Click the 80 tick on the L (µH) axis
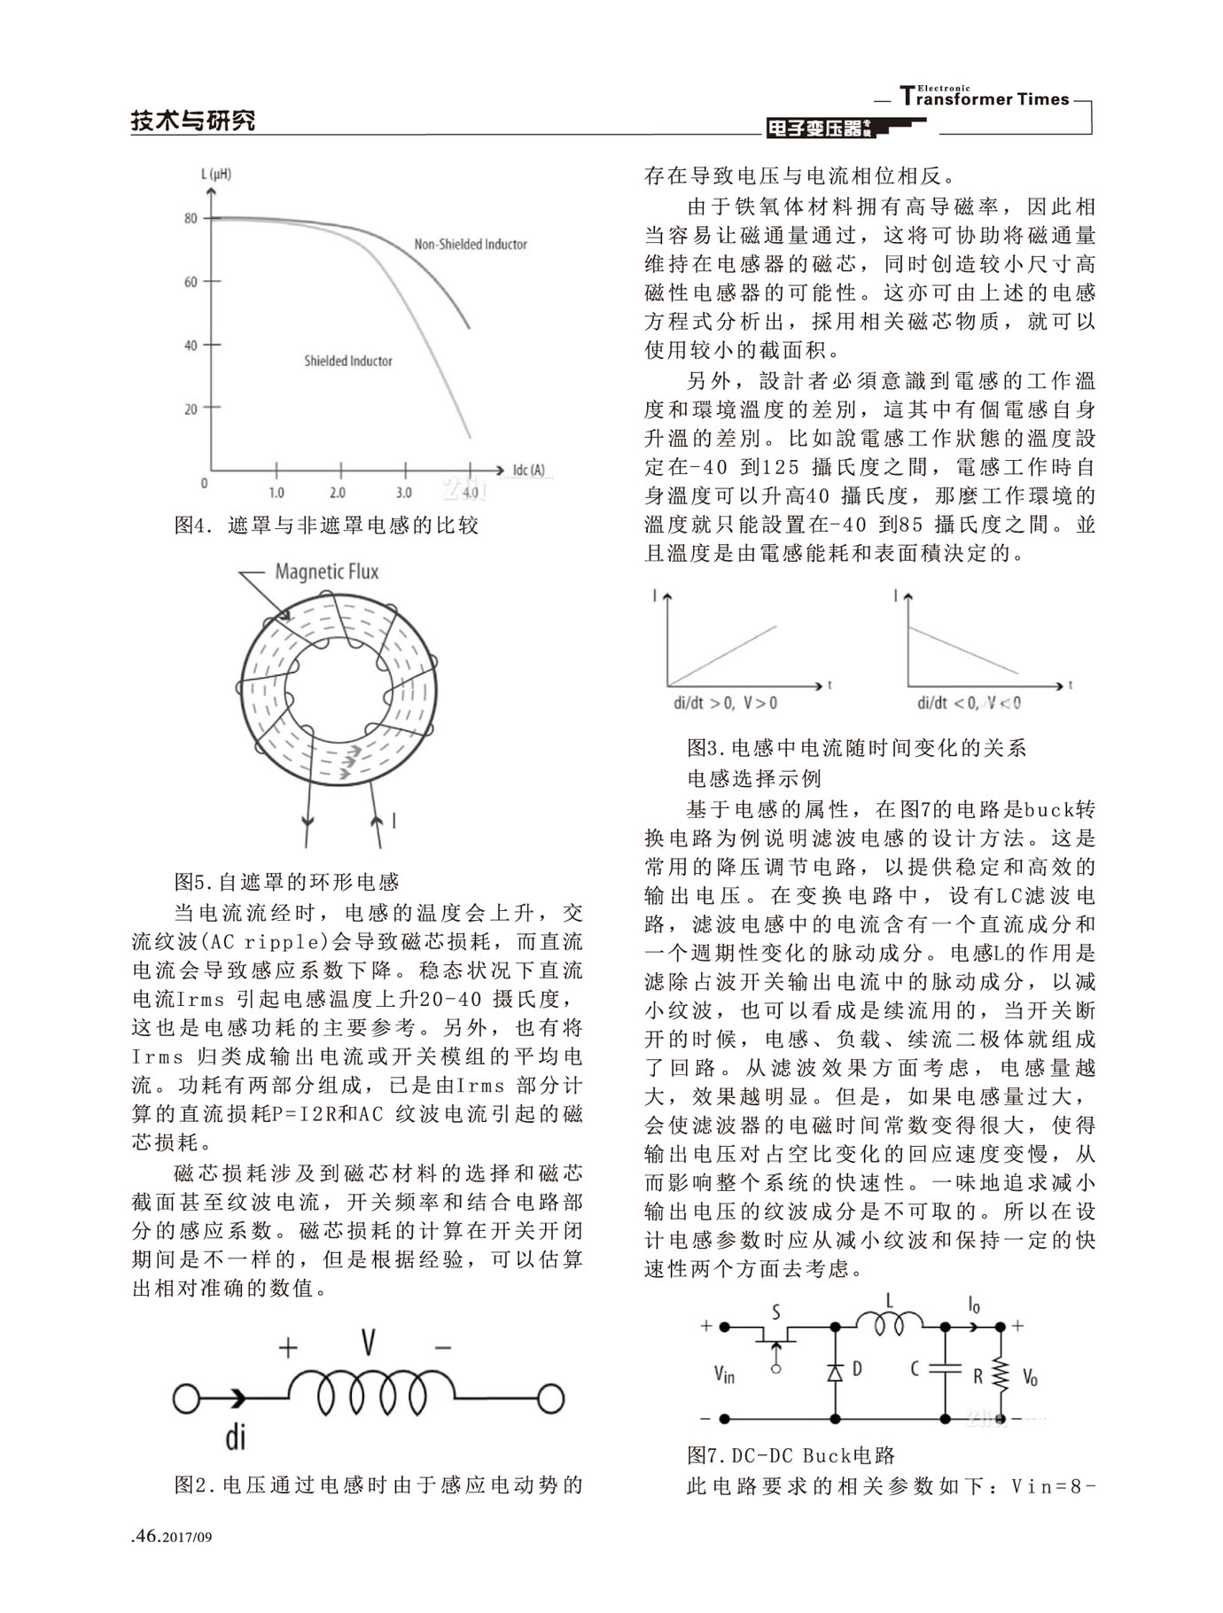191,218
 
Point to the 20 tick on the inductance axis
191,409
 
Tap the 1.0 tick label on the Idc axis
277,492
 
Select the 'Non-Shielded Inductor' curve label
471,244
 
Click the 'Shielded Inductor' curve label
347,361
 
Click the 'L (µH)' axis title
215,174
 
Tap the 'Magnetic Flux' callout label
326,572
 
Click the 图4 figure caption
326,526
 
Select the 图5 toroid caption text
286,882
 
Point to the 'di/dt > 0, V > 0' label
725,703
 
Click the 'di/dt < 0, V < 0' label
969,703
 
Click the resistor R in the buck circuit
1001,1375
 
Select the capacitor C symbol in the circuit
945,1368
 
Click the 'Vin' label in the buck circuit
724,1375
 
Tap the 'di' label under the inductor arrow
235,1436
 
